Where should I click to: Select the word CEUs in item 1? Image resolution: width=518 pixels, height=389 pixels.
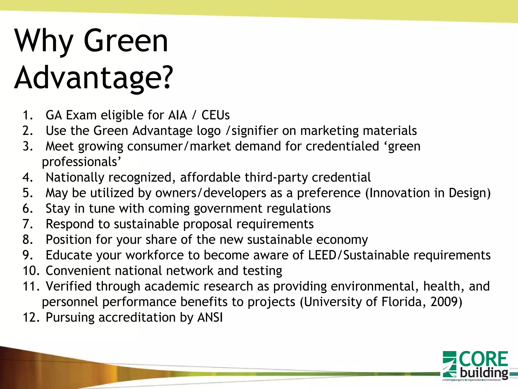[x=215, y=115]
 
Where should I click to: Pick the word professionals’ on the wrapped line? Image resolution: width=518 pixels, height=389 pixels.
[x=82, y=162]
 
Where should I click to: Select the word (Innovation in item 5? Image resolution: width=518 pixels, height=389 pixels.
[x=397, y=193]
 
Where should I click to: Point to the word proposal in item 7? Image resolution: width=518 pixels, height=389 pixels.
[x=208, y=224]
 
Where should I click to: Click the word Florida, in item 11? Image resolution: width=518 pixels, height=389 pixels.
[x=404, y=302]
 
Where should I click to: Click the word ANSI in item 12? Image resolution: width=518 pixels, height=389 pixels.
[x=210, y=318]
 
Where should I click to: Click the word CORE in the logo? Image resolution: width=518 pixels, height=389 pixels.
[x=483, y=359]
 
